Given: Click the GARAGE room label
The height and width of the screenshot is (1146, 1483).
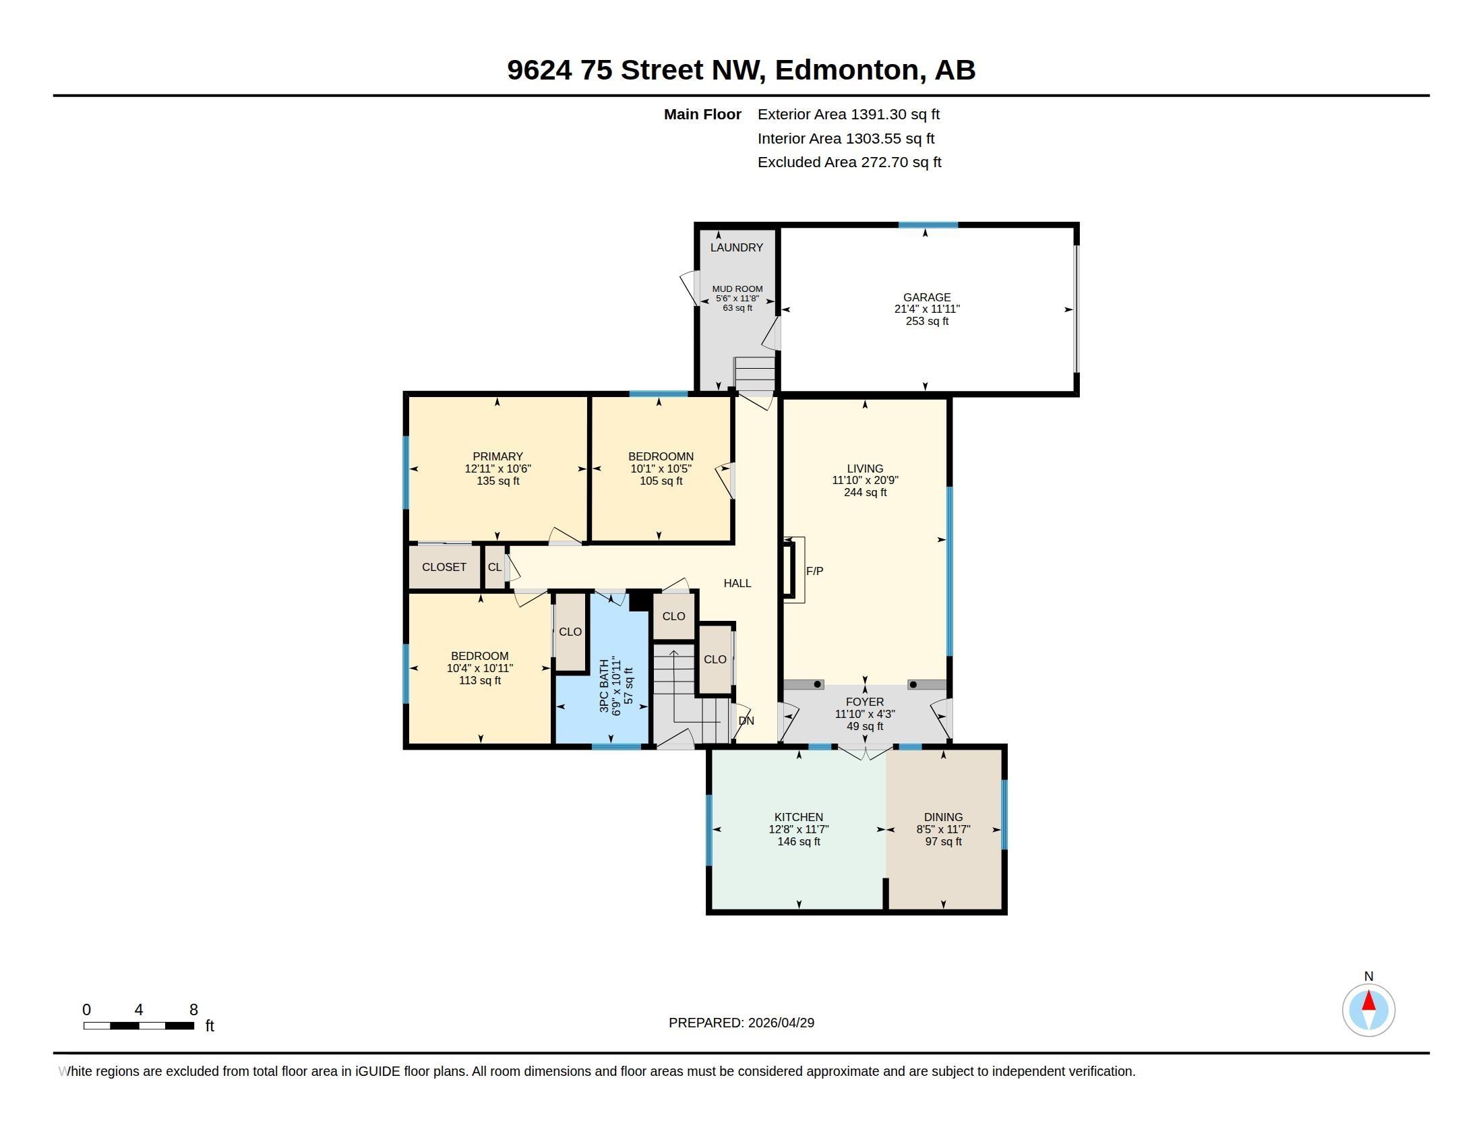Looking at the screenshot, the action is click(x=927, y=297).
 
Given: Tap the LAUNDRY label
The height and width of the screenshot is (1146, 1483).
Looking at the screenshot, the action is click(x=737, y=248).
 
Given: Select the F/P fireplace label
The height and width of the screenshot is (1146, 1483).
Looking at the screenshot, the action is click(x=815, y=571).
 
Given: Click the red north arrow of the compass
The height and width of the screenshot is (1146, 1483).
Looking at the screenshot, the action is click(x=1369, y=1000).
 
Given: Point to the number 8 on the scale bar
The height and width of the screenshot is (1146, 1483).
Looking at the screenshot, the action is click(x=193, y=1010).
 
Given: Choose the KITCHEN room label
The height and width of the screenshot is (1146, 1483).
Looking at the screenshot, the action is click(x=799, y=818).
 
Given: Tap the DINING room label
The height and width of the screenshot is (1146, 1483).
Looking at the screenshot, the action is click(x=943, y=818).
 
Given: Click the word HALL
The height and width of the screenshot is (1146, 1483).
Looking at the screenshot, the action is click(x=737, y=583).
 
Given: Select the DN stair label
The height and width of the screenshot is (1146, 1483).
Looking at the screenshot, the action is click(x=746, y=721).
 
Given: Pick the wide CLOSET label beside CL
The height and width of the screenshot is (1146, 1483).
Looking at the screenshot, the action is click(x=444, y=567).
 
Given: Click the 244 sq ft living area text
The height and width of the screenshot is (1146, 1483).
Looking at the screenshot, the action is click(x=865, y=492).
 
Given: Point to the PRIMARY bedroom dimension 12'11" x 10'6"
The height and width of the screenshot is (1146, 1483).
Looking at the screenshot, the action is click(x=497, y=469).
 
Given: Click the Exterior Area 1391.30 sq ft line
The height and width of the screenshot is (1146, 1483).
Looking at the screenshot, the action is click(x=849, y=115).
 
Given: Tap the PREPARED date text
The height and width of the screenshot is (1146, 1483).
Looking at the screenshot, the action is click(x=741, y=1023).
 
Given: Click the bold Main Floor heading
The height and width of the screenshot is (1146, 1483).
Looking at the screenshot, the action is click(x=703, y=115).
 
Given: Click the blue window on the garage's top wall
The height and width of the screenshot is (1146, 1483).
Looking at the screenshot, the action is click(x=928, y=224).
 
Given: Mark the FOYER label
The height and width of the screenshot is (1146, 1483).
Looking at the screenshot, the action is click(x=865, y=702).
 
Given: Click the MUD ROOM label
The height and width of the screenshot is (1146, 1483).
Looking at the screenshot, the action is click(x=737, y=289).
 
